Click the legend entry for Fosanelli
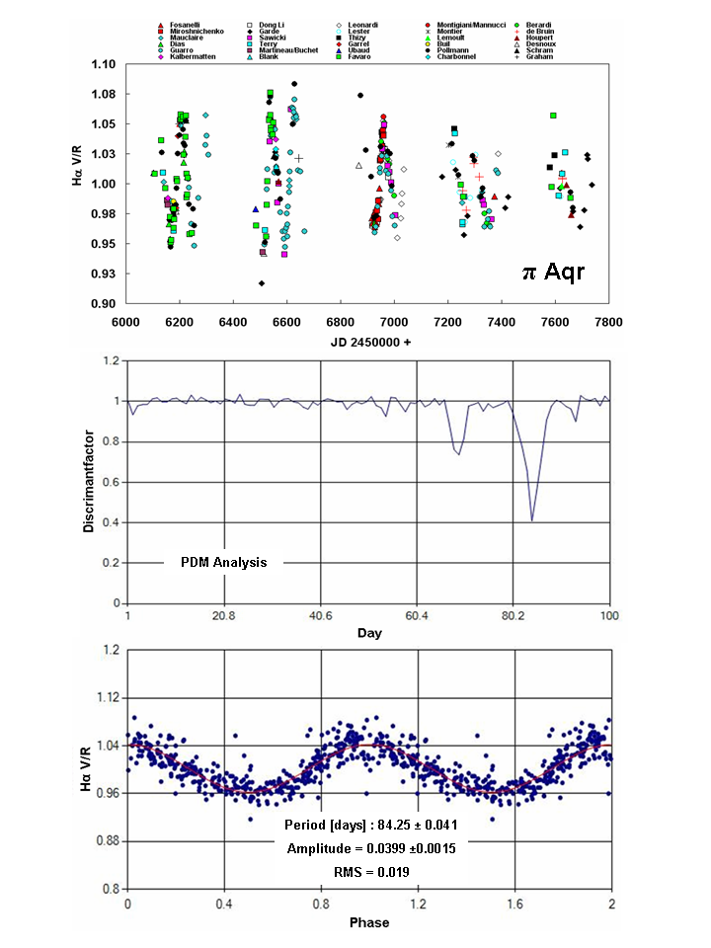(188, 22)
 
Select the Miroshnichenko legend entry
(197, 31)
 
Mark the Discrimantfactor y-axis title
(90, 481)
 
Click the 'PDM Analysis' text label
(224, 562)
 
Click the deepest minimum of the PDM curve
(532, 520)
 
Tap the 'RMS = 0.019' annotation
(370, 872)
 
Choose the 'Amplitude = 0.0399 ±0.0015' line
(370, 848)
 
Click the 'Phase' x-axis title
(368, 923)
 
